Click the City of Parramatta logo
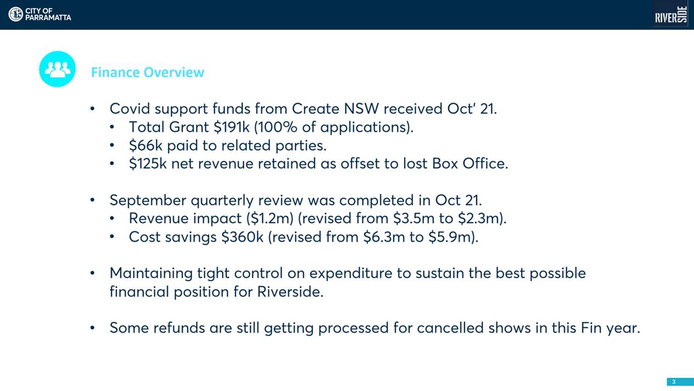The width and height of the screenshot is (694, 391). click(x=40, y=14)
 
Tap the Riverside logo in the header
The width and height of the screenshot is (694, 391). click(x=671, y=14)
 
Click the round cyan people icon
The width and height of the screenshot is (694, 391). click(x=57, y=69)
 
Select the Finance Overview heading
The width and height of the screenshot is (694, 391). click(x=148, y=72)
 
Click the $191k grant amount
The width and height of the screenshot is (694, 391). click(x=232, y=127)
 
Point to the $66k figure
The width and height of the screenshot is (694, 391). click(x=145, y=146)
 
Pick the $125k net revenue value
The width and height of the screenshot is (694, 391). click(x=148, y=163)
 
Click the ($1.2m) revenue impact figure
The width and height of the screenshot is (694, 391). click(x=270, y=218)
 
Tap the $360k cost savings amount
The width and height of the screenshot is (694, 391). click(x=242, y=237)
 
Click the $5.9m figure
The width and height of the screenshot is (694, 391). click(x=450, y=237)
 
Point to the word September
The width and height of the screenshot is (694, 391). click(x=148, y=201)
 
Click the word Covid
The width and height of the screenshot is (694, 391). click(x=130, y=109)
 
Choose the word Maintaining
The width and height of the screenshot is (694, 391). click(x=151, y=274)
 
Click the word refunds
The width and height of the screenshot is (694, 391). click(x=179, y=328)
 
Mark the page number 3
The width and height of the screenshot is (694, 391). click(x=674, y=382)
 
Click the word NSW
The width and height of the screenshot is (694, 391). click(x=361, y=109)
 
